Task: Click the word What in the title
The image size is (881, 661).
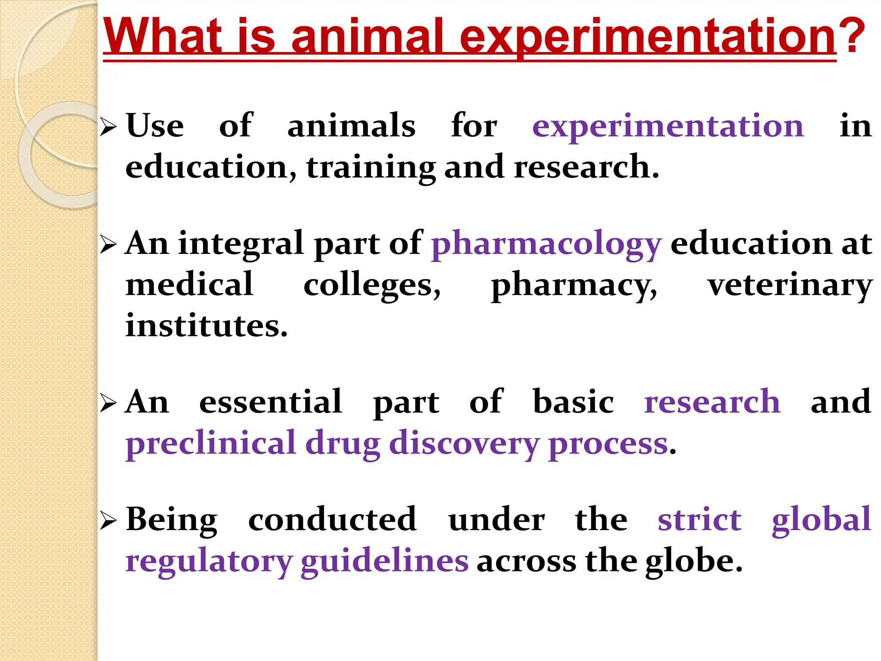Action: (x=163, y=36)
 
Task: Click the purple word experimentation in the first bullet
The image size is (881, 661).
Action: (x=668, y=127)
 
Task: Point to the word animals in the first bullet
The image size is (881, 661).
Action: (x=351, y=127)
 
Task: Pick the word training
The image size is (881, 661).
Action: (x=371, y=168)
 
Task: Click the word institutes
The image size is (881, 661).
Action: (x=206, y=326)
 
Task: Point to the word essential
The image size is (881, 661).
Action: (x=271, y=402)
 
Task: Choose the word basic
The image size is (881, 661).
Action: (x=573, y=402)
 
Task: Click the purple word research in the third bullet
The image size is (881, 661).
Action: (x=712, y=402)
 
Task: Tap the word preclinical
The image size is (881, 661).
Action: (x=211, y=443)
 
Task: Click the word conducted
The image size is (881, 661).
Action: (x=333, y=520)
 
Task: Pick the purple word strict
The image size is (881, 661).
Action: (x=699, y=520)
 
